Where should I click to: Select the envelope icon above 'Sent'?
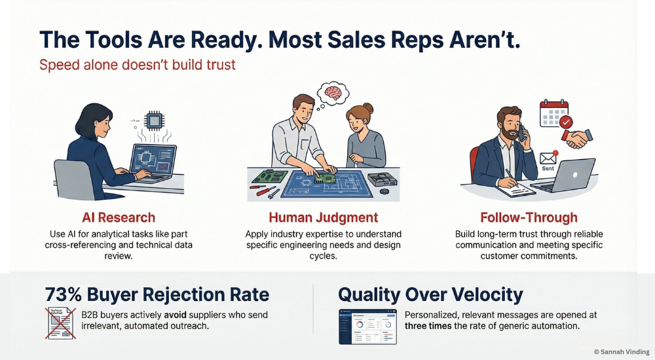point(548,158)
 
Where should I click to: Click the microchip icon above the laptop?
point(154,120)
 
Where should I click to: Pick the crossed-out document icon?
point(59,323)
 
